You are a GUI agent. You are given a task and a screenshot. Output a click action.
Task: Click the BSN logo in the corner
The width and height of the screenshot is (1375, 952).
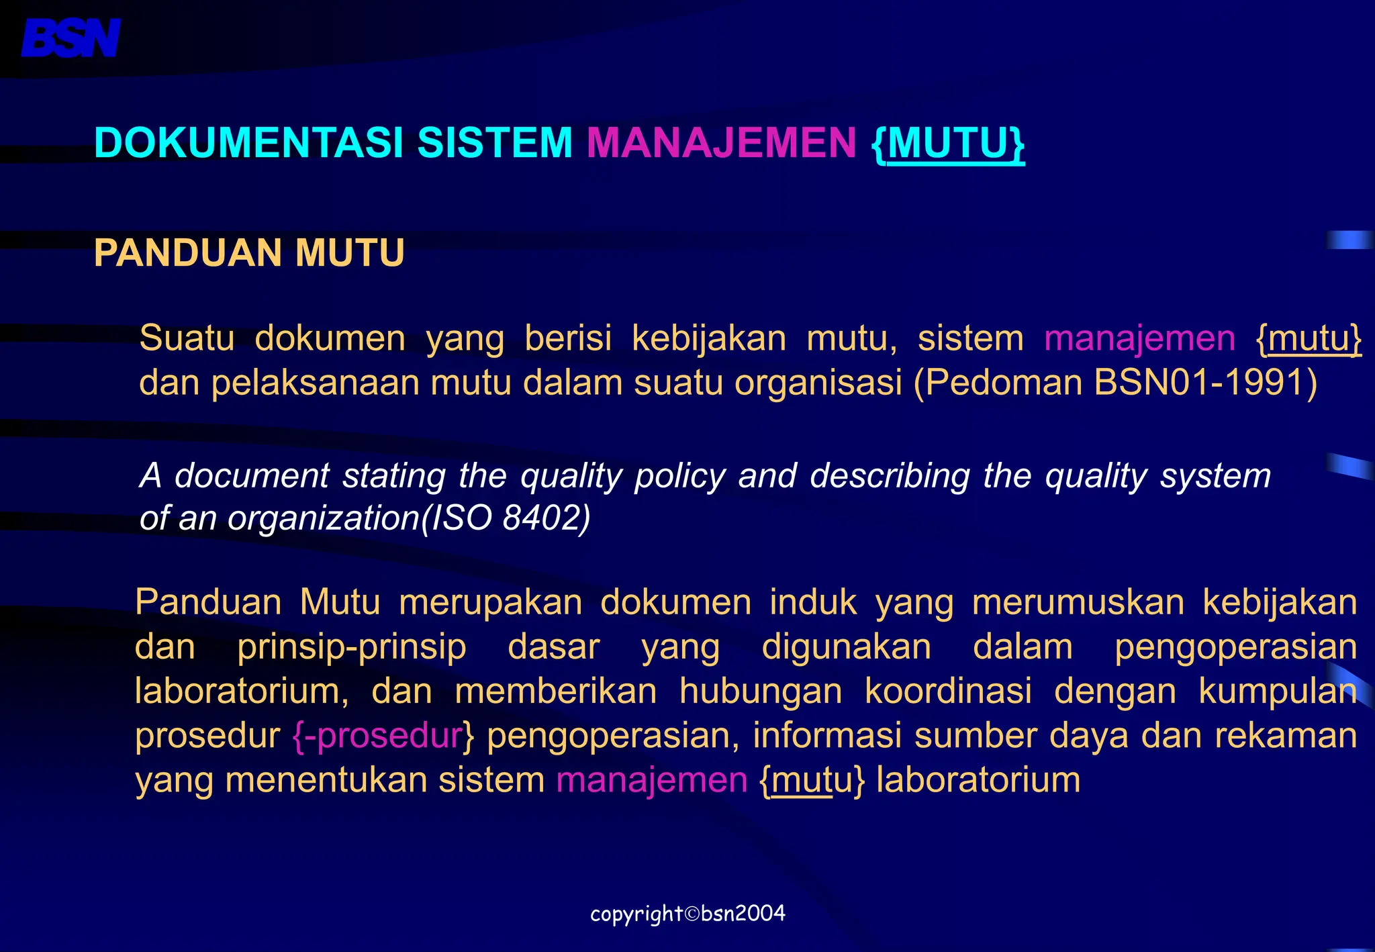pyautogui.click(x=70, y=38)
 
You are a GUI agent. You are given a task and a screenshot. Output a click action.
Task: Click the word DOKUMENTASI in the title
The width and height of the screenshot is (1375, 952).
pyautogui.click(x=248, y=143)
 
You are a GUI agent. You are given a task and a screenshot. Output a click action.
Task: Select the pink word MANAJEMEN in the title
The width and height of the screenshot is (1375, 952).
pyautogui.click(x=721, y=143)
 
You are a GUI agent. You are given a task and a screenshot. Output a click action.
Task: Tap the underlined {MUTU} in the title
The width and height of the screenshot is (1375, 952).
pyautogui.click(x=947, y=143)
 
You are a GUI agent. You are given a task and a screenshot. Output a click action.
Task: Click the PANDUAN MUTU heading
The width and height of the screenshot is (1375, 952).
pyautogui.click(x=249, y=253)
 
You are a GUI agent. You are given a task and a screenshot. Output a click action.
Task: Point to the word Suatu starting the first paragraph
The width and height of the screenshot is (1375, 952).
pyautogui.click(x=187, y=338)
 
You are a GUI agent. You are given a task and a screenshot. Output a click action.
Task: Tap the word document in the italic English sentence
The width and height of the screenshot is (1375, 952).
pyautogui.click(x=252, y=476)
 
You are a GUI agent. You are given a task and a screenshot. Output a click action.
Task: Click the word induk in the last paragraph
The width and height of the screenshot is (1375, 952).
pyautogui.click(x=813, y=602)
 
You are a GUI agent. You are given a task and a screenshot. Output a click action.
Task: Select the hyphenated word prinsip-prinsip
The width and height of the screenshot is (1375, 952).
pyautogui.click(x=352, y=647)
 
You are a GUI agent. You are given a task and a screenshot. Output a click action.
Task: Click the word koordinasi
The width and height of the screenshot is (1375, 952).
pyautogui.click(x=948, y=692)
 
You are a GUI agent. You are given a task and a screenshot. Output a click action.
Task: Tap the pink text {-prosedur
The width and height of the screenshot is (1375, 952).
pyautogui.click(x=378, y=736)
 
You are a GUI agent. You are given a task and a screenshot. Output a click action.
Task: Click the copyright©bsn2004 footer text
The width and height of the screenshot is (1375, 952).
pyautogui.click(x=687, y=914)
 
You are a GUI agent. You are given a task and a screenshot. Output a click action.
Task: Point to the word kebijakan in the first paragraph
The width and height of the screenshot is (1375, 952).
pyautogui.click(x=709, y=338)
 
